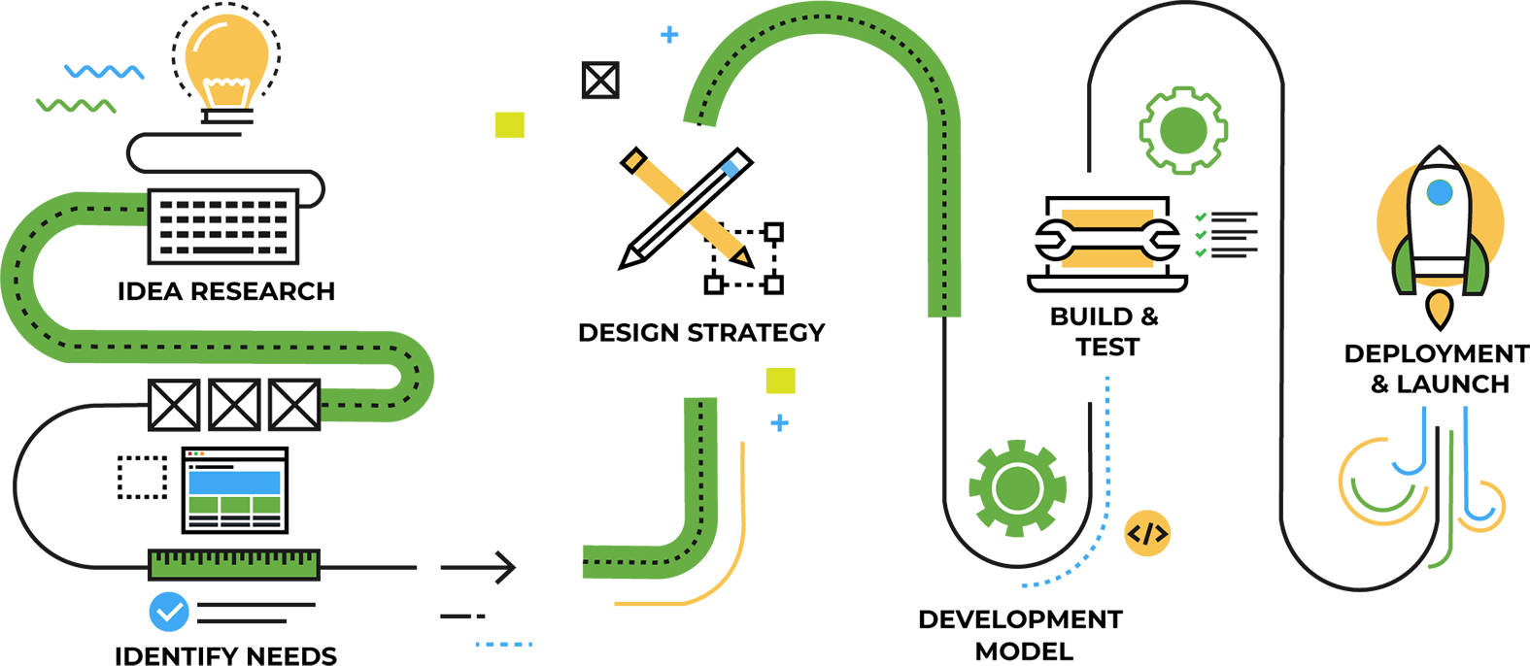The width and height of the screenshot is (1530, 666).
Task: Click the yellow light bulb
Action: [x=227, y=67]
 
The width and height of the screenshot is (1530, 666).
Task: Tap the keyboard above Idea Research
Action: [x=223, y=226]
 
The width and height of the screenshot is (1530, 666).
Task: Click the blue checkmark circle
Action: [x=169, y=612]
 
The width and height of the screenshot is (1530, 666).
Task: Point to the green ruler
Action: [x=233, y=565]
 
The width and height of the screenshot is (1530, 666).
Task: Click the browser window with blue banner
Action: [x=234, y=490]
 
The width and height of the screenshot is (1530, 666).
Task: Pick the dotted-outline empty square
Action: [x=142, y=478]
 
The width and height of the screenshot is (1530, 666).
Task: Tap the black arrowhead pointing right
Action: [x=505, y=567]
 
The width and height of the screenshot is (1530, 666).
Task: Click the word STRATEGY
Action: [x=756, y=333]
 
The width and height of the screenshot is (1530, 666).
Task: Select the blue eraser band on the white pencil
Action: [x=730, y=168]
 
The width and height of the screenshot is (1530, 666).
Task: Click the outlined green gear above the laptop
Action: [x=1183, y=130]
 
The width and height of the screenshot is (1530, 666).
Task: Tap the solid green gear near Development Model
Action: [x=1018, y=488]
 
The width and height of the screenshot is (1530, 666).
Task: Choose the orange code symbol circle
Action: [x=1147, y=533]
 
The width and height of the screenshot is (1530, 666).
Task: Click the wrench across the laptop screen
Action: [x=1106, y=240]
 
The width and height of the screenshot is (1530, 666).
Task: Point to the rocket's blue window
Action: [x=1439, y=192]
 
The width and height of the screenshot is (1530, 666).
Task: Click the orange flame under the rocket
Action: [x=1439, y=309]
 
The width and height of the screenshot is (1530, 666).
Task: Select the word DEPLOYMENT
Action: [x=1437, y=353]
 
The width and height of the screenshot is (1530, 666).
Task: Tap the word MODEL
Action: [x=1024, y=651]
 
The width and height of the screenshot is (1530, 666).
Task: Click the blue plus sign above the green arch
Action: [x=669, y=34]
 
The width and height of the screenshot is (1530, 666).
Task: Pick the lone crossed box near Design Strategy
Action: [x=600, y=80]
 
